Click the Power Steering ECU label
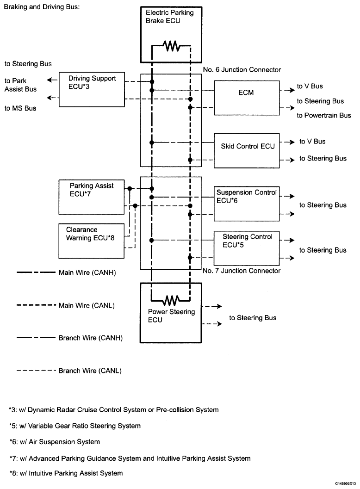coord(171,316)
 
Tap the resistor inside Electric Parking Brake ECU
coord(171,46)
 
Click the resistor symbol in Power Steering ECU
coord(171,301)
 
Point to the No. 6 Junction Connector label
coord(242,69)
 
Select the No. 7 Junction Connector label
coord(242,271)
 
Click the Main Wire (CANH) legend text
coord(87,272)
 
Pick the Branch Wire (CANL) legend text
coord(90,371)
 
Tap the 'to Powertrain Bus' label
coord(324,115)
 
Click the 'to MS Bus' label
coord(20,108)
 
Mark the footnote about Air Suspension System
coord(55,442)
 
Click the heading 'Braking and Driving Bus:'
coord(42,7)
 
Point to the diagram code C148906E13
coord(345,484)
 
